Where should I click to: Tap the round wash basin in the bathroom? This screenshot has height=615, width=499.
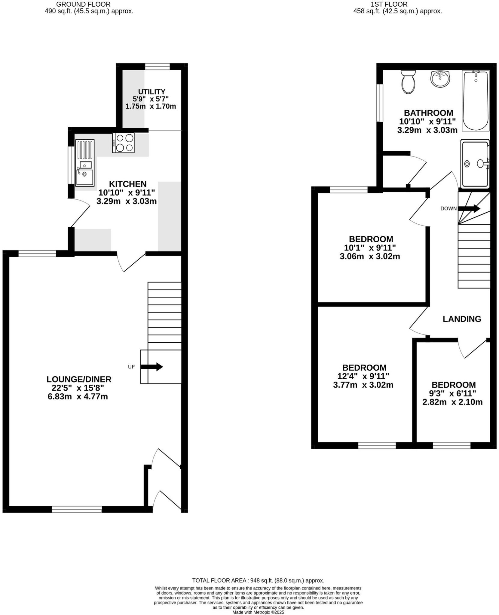[440, 79]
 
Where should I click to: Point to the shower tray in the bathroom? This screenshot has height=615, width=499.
[475, 164]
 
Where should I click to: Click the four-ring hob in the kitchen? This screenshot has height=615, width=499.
[123, 143]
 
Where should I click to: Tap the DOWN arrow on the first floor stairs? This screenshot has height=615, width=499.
[469, 208]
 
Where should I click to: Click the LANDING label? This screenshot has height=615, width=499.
[462, 319]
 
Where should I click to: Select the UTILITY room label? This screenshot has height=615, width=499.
[152, 92]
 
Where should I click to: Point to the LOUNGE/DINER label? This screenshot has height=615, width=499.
[79, 379]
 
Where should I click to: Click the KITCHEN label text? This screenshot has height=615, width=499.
[127, 184]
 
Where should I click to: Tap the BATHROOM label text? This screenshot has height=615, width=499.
[428, 113]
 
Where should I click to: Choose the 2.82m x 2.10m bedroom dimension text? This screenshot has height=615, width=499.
[452, 402]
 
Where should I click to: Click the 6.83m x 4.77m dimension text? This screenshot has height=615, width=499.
[78, 397]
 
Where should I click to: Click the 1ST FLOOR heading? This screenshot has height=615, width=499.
[389, 4]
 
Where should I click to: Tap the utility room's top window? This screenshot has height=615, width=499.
[158, 66]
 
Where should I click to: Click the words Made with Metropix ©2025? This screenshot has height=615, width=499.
[258, 612]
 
